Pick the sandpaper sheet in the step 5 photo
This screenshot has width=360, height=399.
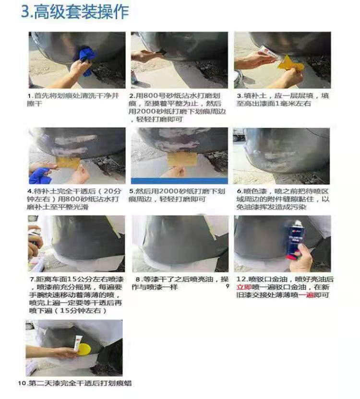coord(182,159)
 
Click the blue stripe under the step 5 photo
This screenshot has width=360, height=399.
coord(180,181)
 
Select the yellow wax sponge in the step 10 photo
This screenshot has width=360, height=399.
coord(84,350)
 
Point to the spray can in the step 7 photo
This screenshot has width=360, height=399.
coord(35,239)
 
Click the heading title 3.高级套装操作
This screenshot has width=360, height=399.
coord(75,12)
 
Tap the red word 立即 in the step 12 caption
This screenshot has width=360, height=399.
coord(244,287)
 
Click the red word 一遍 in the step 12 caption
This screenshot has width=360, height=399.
coord(306,295)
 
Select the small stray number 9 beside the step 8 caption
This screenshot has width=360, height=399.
coord(228,286)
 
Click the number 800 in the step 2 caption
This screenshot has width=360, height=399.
coord(151,96)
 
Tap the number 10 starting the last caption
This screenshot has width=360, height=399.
coord(22,383)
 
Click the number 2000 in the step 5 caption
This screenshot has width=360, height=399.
coord(163,191)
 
